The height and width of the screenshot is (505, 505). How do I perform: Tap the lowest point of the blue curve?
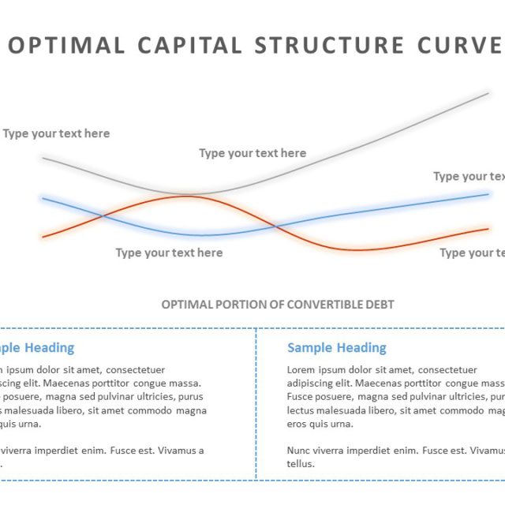[x=202, y=235]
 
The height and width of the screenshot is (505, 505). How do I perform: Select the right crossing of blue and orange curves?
[x=275, y=227]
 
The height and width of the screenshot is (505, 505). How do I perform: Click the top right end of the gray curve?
[x=488, y=93]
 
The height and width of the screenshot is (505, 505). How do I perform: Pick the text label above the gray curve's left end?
[x=56, y=133]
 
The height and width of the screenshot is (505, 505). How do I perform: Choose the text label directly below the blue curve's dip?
[x=169, y=252]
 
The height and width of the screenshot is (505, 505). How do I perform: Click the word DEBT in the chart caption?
[x=380, y=305]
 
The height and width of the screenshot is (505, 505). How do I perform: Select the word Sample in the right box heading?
[x=311, y=348]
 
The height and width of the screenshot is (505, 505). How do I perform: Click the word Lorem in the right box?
[x=301, y=369]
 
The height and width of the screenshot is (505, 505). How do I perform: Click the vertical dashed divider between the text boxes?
[x=256, y=402]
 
